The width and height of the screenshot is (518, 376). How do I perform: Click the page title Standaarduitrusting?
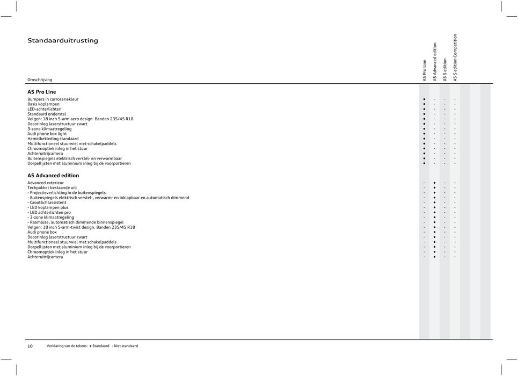pyautogui.click(x=63, y=40)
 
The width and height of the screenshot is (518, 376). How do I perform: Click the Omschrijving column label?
pyautogui.click(x=40, y=79)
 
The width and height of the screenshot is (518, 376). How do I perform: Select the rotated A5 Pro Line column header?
pyautogui.click(x=424, y=70)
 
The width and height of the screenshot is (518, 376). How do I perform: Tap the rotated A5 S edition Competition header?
pyautogui.click(x=455, y=57)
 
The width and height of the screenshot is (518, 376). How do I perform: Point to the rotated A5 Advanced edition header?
pyautogui.click(x=435, y=62)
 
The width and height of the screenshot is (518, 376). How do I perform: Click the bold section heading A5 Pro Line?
pyautogui.click(x=42, y=92)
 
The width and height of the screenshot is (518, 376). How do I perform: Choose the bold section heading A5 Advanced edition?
pyautogui.click(x=53, y=176)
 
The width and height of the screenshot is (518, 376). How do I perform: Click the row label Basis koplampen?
pyautogui.click(x=43, y=104)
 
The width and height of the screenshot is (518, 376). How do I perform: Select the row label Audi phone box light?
pyautogui.click(x=47, y=134)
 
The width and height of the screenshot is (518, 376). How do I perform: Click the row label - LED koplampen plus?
pyautogui.click(x=48, y=207)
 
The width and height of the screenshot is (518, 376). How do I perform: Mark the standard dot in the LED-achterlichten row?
pyautogui.click(x=424, y=109)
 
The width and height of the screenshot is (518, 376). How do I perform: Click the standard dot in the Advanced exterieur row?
pyautogui.click(x=434, y=183)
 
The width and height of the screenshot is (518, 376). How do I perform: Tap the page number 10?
pyautogui.click(x=30, y=346)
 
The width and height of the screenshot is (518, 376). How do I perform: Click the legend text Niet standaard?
pyautogui.click(x=126, y=346)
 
